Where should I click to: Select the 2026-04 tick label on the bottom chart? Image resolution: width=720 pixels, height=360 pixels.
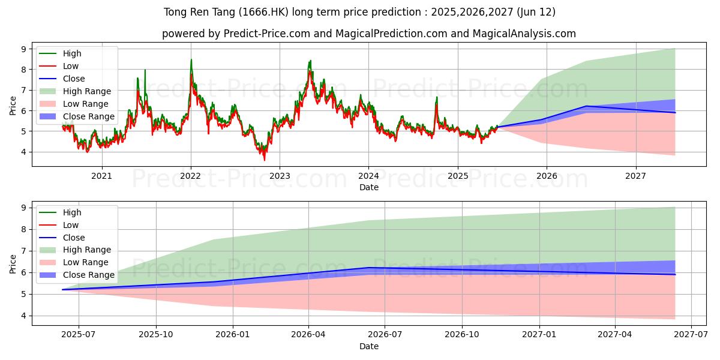click(308, 335)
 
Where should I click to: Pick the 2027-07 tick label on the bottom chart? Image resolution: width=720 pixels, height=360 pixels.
click(691, 335)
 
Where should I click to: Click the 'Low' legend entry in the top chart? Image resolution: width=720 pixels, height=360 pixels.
click(70, 66)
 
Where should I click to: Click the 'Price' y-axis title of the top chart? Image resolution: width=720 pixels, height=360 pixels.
click(13, 106)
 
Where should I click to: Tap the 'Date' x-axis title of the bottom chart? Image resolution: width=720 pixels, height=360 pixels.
click(369, 346)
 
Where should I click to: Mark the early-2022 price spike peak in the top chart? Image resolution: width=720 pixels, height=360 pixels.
click(191, 59)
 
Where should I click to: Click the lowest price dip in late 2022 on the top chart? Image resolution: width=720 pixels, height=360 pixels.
click(264, 160)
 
